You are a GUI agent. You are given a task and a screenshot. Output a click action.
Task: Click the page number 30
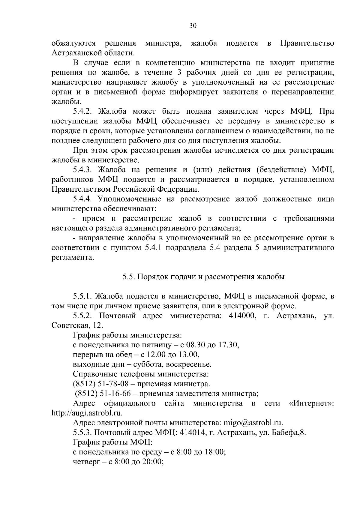pos(193,26)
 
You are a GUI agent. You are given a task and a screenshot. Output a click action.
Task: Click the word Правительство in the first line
pos(307,43)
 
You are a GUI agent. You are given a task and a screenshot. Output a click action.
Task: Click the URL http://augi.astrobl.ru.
pos(87,413)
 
